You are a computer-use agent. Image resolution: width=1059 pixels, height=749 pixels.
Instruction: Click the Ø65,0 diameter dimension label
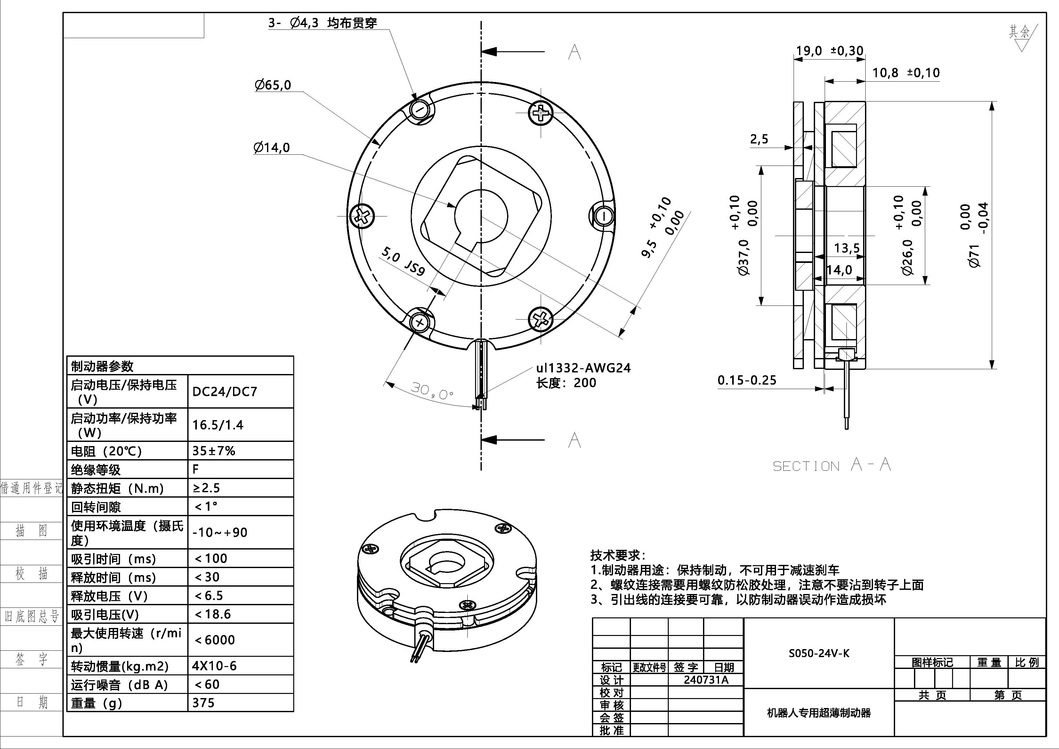(273, 85)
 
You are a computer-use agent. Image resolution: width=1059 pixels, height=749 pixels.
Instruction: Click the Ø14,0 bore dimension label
(272, 148)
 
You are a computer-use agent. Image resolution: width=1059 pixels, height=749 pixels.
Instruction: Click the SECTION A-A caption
(832, 465)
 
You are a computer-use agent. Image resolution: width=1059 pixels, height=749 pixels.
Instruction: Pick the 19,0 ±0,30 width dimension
(829, 51)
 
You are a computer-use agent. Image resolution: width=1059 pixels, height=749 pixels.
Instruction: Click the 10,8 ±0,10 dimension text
(905, 73)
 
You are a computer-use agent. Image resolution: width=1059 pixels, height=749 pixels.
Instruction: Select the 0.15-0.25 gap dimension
(747, 380)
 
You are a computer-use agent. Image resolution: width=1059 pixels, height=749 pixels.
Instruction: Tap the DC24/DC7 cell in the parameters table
(225, 392)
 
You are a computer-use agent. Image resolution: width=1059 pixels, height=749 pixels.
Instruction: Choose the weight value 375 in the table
(203, 703)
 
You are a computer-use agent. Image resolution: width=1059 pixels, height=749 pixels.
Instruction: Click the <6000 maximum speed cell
(214, 639)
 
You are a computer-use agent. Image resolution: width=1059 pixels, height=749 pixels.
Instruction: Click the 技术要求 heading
(617, 555)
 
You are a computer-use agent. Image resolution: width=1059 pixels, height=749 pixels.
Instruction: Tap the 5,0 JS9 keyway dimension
(403, 261)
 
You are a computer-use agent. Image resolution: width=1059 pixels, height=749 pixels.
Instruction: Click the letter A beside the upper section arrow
(574, 52)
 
